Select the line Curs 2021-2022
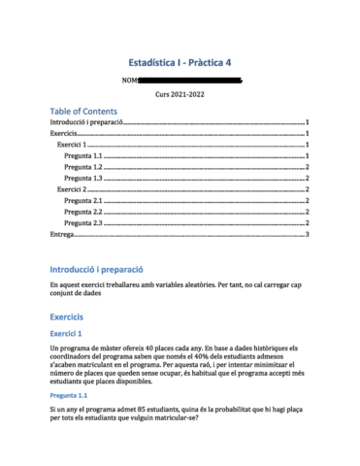click(180, 94)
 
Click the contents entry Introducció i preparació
click(88, 123)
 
